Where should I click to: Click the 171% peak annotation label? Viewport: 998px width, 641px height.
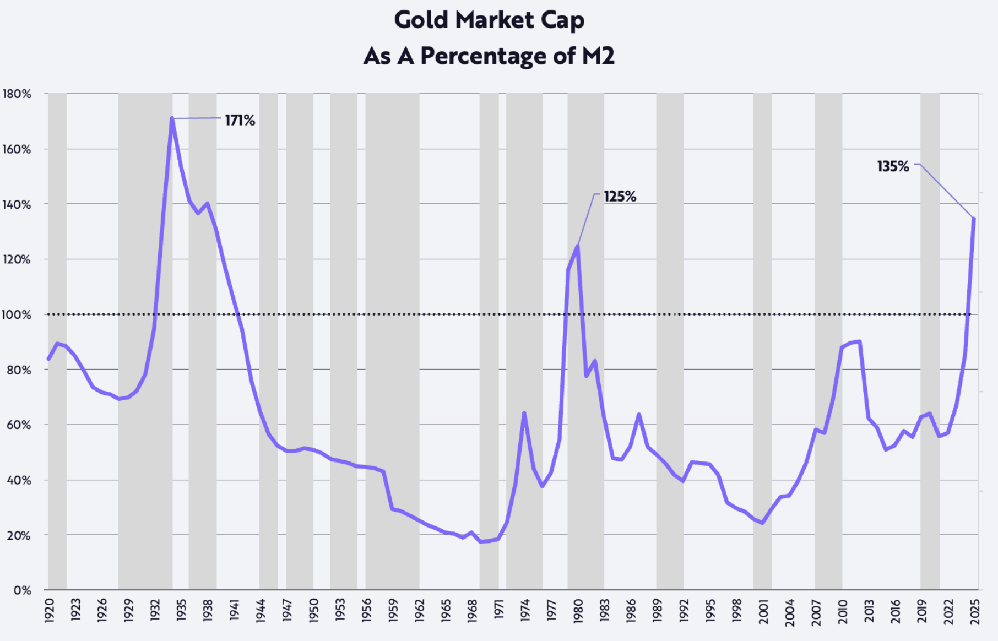tap(240, 120)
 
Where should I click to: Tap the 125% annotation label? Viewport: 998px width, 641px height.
tap(620, 197)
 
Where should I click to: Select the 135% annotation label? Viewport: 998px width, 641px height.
tap(893, 166)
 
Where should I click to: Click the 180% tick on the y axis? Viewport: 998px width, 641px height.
tap(17, 94)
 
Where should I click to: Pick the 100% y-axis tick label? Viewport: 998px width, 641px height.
tap(17, 315)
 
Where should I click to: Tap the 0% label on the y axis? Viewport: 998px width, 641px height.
tap(22, 590)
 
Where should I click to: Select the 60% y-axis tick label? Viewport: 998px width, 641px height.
tap(19, 425)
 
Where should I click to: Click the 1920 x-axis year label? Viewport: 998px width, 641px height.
tap(50, 610)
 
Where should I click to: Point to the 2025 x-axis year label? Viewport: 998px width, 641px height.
tap(975, 610)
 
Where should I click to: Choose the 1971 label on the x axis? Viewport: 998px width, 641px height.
tap(499, 610)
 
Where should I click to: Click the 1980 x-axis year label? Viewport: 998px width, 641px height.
tap(578, 610)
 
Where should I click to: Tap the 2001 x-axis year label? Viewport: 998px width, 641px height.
tap(763, 610)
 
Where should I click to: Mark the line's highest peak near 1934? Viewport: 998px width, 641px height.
tap(172, 118)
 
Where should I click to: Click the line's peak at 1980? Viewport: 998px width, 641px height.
tap(577, 246)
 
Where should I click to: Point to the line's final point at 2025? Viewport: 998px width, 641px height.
tap(974, 219)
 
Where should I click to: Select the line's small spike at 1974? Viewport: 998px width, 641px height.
tap(524, 413)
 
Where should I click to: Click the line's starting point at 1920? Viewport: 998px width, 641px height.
tap(48, 359)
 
